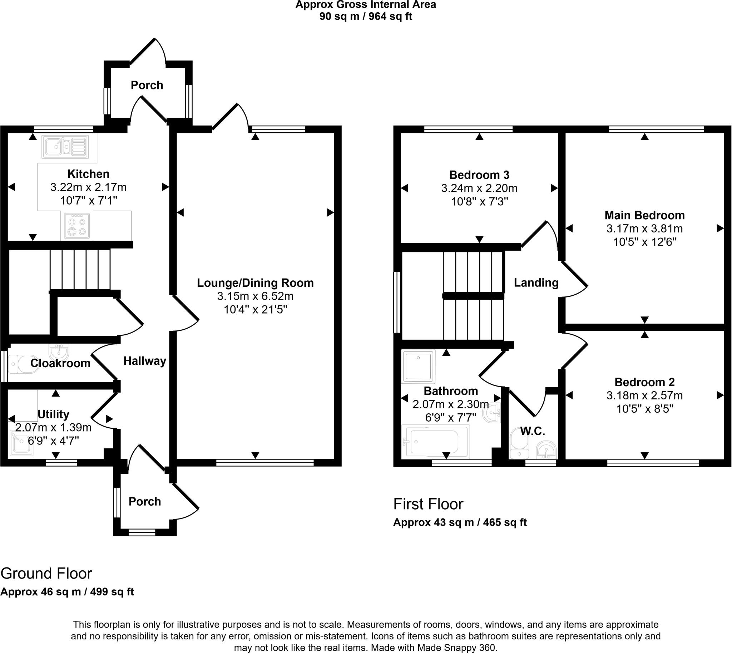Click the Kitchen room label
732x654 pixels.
click(88, 174)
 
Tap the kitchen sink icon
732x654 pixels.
click(65, 147)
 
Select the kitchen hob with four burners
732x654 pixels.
click(76, 226)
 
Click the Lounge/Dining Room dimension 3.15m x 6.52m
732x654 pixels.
click(255, 296)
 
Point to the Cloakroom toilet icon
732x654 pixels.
click(22, 364)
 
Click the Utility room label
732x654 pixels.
click(53, 414)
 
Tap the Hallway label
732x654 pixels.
click(145, 361)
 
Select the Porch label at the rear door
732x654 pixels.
click(147, 85)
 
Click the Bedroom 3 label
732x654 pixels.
click(479, 175)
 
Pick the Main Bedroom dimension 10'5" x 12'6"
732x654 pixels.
click(644, 242)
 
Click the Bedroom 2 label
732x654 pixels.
click(644, 382)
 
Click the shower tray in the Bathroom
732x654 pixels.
click(418, 367)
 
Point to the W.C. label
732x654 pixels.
click(533, 431)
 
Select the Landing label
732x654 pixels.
click(536, 283)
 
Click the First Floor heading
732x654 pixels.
click(428, 504)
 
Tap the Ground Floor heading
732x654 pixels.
click(46, 574)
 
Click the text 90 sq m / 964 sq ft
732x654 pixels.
click(366, 16)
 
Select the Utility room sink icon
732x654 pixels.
click(21, 443)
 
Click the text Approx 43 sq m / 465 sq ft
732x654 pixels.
click(460, 522)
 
